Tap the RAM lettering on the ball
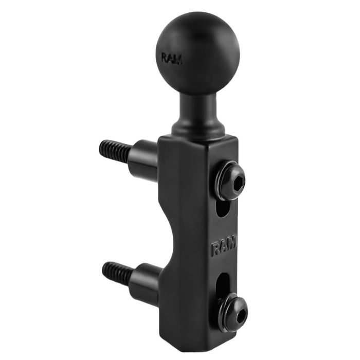[171, 58]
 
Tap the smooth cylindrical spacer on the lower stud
[146, 281]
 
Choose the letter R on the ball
[164, 57]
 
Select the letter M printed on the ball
[178, 59]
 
